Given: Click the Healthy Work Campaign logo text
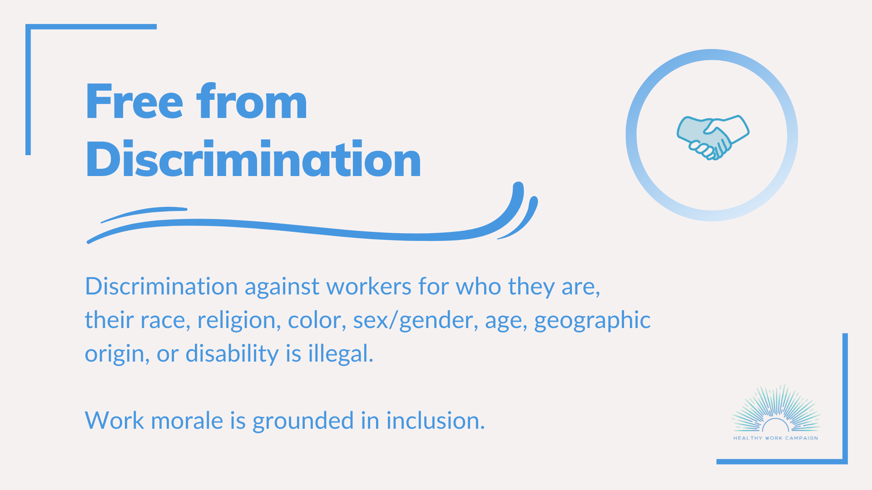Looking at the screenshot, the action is pyautogui.click(x=776, y=438).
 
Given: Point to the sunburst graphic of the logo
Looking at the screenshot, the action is pyautogui.click(x=776, y=408).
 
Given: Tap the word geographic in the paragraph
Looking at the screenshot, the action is pyautogui.click(x=592, y=320).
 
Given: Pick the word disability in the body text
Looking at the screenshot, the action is pyautogui.click(x=232, y=354).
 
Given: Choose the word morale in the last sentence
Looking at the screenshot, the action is pyautogui.click(x=187, y=421).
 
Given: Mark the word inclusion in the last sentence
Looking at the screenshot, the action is pyautogui.click(x=436, y=421).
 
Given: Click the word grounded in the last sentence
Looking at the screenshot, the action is pyautogui.click(x=303, y=421).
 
